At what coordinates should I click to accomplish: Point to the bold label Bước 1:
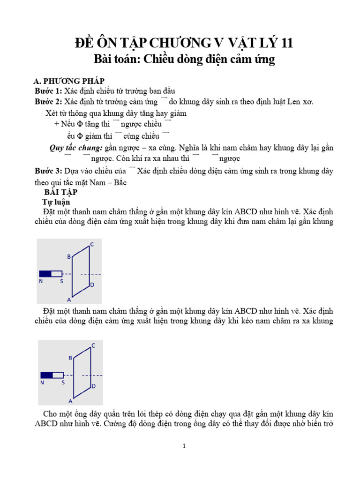pos(49,90)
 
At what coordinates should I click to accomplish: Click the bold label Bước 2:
pos(49,102)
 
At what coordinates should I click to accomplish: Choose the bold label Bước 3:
pos(49,171)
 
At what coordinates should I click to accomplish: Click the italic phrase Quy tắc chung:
pos(76,148)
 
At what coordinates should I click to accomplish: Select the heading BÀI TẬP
pos(61,193)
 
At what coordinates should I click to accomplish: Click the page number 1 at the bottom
pos(184,446)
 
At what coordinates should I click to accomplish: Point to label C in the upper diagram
pos(92,244)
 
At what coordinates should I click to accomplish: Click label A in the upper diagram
pos(69,300)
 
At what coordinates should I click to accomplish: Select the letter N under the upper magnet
pos(41,281)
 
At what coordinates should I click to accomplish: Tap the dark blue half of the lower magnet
pos(47,375)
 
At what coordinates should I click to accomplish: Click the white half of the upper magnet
pos(56,273)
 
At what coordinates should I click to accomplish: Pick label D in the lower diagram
pos(94,386)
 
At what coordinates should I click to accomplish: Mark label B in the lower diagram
pos(70,358)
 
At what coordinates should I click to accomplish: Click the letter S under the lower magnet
pos(62,383)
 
